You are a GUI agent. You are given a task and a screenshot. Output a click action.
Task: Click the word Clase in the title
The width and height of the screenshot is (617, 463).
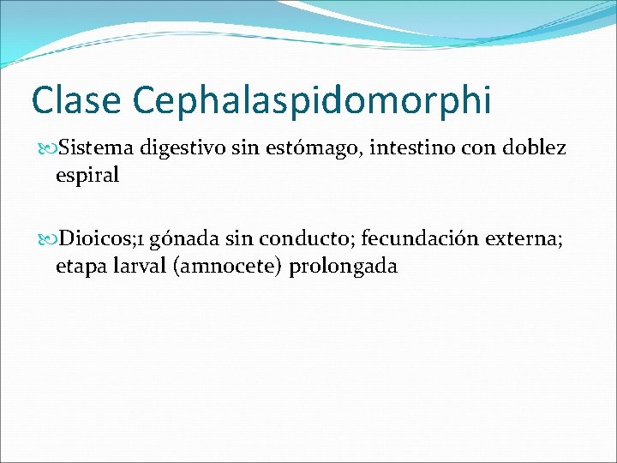[75, 100]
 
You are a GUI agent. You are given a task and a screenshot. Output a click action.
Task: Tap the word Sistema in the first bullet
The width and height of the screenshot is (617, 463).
[95, 147]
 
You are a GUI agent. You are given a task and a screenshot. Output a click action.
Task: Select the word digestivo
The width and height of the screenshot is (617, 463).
[183, 149]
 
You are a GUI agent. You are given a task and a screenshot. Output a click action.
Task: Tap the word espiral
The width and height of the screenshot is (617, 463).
[87, 176]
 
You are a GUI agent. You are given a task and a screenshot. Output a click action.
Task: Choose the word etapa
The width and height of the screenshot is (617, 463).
[79, 267]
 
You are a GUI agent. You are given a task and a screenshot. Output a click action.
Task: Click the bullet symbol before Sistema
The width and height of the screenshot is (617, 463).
[48, 148]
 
